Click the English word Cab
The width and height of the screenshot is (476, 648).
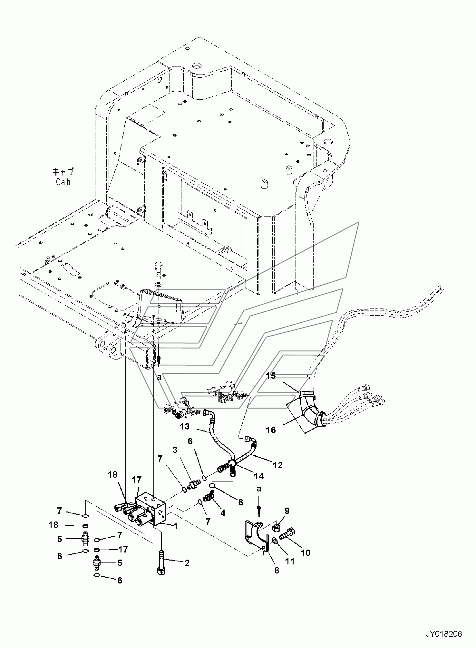click(x=63, y=182)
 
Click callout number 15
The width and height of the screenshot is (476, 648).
click(x=271, y=376)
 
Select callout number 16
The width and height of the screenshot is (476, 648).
click(x=271, y=430)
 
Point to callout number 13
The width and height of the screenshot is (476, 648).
click(x=185, y=427)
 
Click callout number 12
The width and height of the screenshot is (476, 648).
click(x=277, y=465)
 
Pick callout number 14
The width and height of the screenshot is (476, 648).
click(x=259, y=476)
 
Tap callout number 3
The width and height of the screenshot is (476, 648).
click(x=175, y=451)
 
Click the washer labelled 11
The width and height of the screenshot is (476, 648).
click(x=275, y=539)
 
